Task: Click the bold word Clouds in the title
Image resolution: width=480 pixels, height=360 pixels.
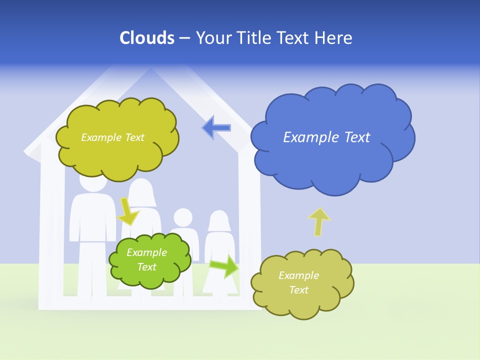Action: click(x=146, y=38)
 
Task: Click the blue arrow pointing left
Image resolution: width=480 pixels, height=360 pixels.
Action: click(x=216, y=127)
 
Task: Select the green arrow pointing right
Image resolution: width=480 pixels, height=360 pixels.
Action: click(x=224, y=266)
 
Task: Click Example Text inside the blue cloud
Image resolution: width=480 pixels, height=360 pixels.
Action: click(x=326, y=137)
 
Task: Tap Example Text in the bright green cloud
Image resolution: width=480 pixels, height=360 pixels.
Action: click(x=146, y=259)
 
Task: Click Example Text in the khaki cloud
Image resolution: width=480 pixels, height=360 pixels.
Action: click(x=298, y=282)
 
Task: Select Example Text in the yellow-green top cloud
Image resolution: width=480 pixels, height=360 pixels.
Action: click(x=112, y=137)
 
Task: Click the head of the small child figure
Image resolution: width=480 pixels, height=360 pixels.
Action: click(x=182, y=218)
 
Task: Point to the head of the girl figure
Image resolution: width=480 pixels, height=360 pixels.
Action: click(x=218, y=221)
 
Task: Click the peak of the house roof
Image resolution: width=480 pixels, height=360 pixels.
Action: click(x=150, y=70)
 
